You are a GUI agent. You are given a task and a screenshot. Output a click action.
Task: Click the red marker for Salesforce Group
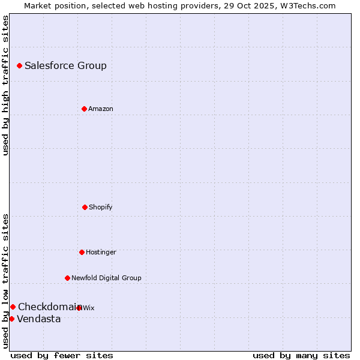pos(19,65)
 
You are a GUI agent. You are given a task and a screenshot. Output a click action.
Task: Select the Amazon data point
pos(84,109)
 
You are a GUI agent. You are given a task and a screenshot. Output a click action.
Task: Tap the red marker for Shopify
pos(85,207)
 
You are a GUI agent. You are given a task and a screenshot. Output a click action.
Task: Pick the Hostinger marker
pos(82,252)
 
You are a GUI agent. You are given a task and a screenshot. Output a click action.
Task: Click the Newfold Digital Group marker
pos(67,278)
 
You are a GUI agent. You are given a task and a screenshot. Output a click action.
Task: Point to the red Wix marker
pos(79,308)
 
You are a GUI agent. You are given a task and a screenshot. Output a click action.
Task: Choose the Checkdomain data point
pos(13,307)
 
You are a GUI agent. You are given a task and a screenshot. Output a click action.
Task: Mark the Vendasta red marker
pos(11,319)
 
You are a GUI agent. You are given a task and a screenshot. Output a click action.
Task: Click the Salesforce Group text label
pos(65,66)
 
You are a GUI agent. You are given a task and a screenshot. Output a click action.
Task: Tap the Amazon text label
pos(100,109)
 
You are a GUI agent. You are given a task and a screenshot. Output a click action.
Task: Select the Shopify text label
pos(100,208)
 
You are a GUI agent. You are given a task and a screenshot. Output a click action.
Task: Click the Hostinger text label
pos(101,253)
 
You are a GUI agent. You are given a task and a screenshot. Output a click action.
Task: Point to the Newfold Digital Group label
pos(106,278)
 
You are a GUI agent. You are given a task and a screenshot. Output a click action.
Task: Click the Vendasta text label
pos(39,319)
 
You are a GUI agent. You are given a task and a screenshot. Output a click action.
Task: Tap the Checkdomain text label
pos(48,307)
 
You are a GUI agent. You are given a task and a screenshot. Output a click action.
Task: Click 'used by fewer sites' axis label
pos(62,355)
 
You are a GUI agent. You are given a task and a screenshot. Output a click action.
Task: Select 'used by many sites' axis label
pos(301,355)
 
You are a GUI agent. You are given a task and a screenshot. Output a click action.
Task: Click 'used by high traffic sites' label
pos(5,85)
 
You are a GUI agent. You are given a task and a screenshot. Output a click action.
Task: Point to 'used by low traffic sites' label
pos(5,281)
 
